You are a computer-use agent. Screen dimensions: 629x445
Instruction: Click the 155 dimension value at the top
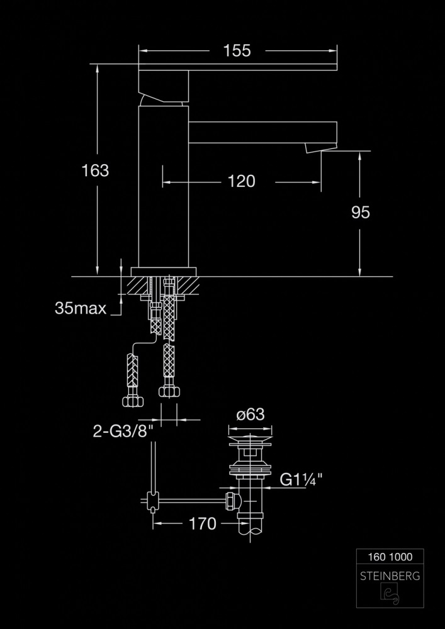pos(237,51)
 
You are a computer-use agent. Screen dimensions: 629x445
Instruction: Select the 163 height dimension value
pos(96,170)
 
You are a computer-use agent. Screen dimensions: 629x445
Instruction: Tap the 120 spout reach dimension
pos(242,182)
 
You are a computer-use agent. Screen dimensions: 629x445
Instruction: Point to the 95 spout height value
pos(360,213)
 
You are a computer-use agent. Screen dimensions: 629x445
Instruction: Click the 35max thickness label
pos(81,308)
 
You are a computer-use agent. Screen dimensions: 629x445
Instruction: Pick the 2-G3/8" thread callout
pos(123,431)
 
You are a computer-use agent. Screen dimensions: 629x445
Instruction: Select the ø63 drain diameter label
pos(250,415)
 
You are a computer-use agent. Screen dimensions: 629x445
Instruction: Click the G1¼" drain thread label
pos(301,480)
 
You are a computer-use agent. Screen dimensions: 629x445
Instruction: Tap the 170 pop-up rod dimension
pos(203,523)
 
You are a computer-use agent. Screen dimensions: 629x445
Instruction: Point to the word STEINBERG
pos(390,575)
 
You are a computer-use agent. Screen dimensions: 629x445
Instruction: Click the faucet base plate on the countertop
pos(164,272)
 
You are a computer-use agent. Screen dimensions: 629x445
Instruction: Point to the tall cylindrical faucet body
pos(163,189)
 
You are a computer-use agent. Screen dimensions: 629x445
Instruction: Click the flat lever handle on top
pos(237,66)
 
